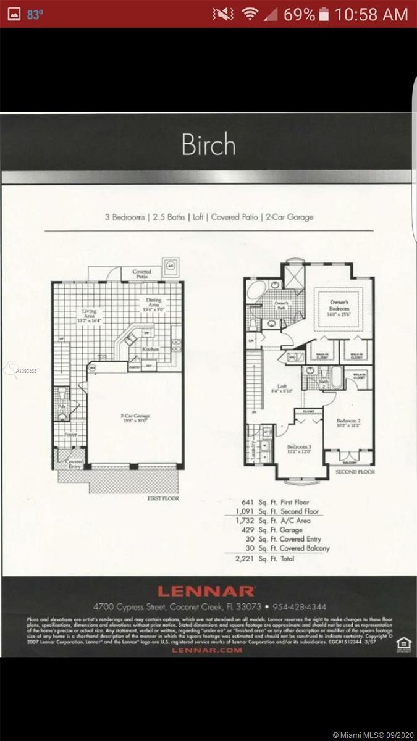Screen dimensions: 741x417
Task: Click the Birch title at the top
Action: (x=208, y=144)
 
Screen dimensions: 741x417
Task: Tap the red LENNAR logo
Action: (x=206, y=591)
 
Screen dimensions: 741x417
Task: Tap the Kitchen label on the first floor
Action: (x=150, y=349)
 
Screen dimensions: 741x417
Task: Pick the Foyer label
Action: (x=71, y=435)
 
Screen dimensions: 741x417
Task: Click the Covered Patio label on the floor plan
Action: (x=141, y=274)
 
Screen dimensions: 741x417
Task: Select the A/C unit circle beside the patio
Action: (x=170, y=267)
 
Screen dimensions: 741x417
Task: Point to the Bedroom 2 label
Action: (x=348, y=422)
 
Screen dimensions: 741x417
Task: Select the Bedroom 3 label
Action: (x=299, y=449)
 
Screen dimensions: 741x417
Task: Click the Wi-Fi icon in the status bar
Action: (x=248, y=14)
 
